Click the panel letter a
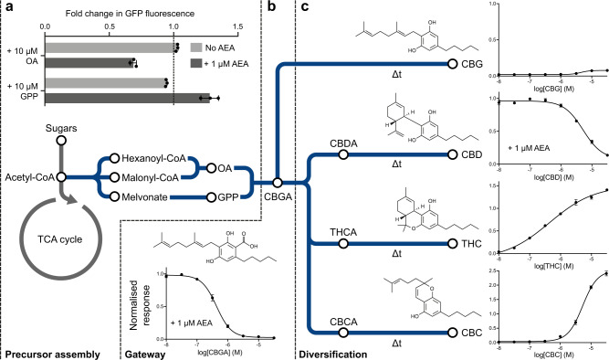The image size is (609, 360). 7,7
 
